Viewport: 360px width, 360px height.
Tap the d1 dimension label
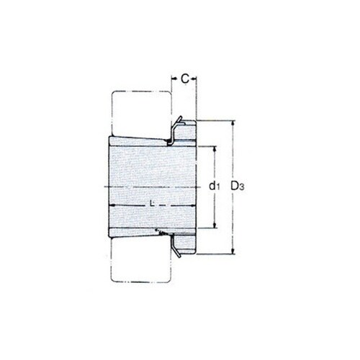214,186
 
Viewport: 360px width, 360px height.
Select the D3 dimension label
237,186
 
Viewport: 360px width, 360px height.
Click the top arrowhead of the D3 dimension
233,123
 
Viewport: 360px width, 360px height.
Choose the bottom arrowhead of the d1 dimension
214,226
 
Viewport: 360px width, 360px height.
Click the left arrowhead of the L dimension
113,206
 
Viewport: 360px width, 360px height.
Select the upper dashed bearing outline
140,112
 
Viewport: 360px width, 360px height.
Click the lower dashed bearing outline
140,262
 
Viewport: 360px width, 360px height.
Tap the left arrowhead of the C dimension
173,78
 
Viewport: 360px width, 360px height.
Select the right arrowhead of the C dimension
195,78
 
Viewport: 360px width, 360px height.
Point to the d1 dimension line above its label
214,164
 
